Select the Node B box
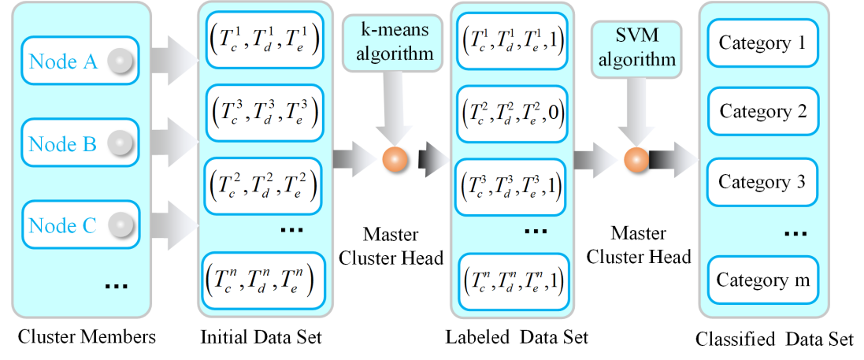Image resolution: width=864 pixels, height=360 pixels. tap(79, 143)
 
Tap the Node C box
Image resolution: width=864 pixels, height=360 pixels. tap(79, 226)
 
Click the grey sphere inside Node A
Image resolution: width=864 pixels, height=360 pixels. tap(121, 61)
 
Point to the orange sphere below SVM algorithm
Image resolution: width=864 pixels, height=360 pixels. tap(635, 159)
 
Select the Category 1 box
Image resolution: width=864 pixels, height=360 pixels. tap(762, 43)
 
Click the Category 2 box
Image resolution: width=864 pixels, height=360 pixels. tap(762, 111)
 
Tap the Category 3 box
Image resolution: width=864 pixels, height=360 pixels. tap(762, 182)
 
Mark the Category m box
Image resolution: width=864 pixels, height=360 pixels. tap(762, 280)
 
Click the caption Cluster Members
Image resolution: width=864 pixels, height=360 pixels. tap(87, 336)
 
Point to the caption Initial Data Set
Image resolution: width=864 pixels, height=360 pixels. tap(261, 337)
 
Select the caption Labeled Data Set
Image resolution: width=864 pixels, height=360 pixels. tap(516, 337)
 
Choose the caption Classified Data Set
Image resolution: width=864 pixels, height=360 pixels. tap(774, 339)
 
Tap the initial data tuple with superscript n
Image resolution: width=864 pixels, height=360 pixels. tap(261, 277)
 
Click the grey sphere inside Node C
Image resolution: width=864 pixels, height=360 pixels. tap(121, 226)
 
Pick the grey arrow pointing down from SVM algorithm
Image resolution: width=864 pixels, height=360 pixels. tap(635, 110)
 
